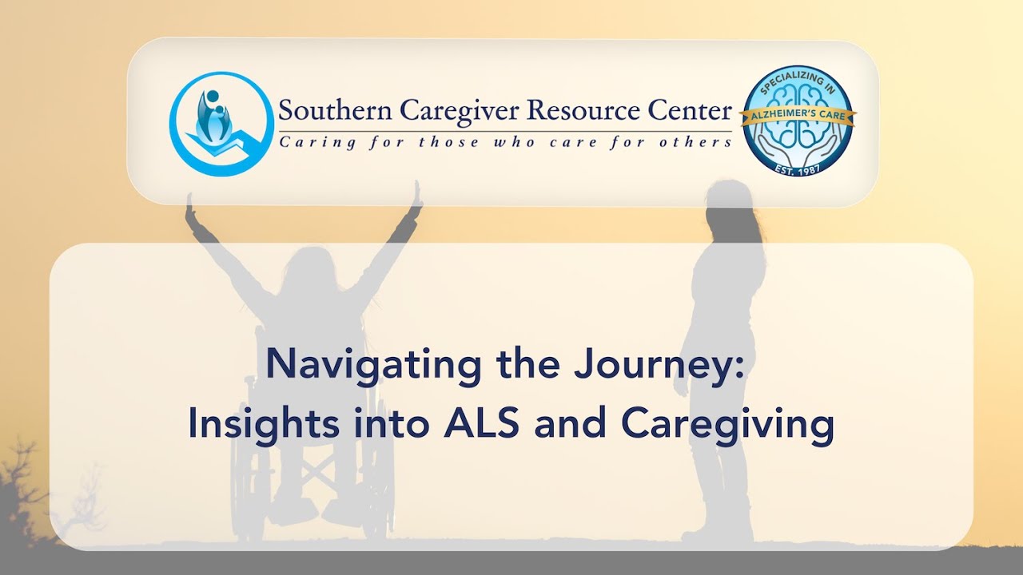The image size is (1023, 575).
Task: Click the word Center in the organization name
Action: point(689,111)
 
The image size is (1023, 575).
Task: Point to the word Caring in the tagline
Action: point(308,142)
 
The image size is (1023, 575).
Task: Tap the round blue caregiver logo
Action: point(221,124)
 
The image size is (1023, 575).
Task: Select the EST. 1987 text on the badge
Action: point(798,167)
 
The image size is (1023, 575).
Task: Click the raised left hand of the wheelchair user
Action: point(189,211)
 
